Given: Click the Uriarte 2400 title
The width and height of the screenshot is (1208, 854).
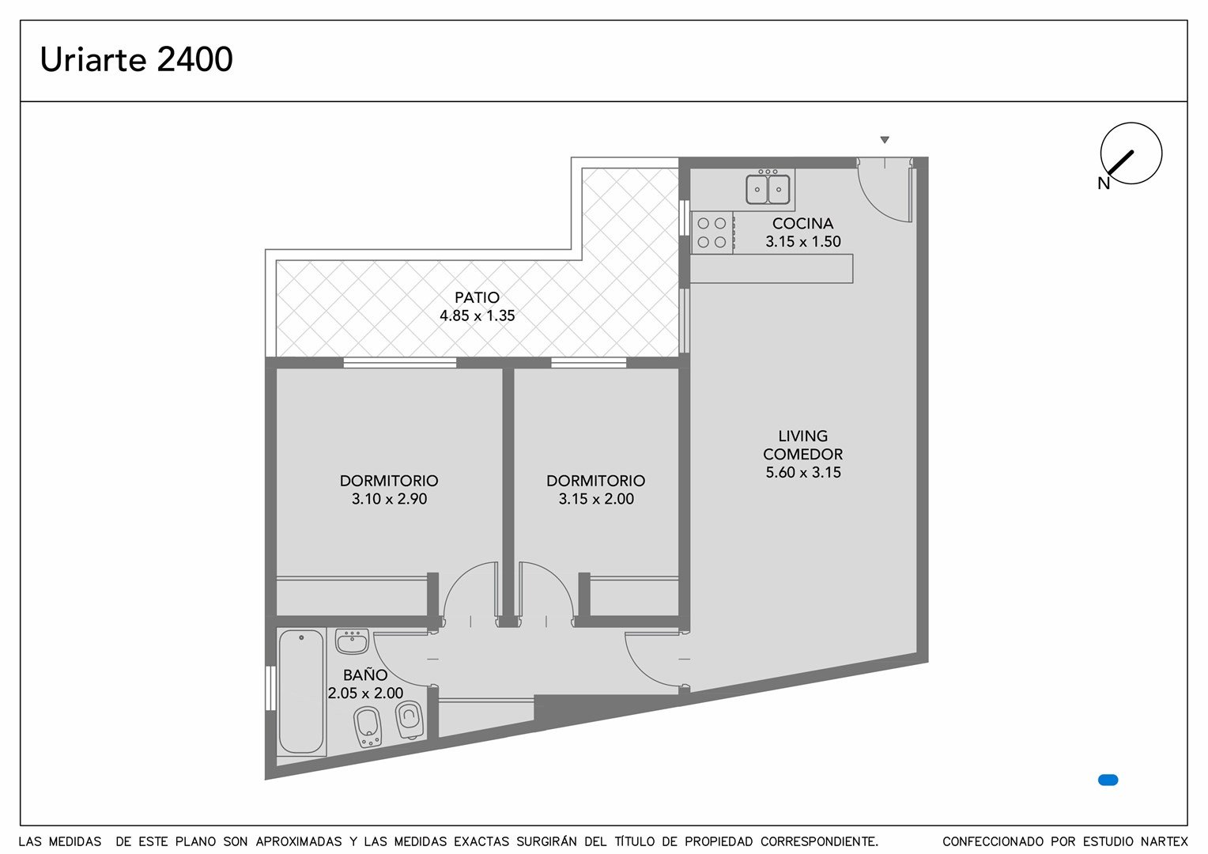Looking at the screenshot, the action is tap(137, 59).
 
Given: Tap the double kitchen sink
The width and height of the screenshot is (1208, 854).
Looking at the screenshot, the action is tap(768, 187).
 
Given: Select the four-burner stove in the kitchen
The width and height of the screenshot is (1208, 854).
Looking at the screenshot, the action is tap(712, 232).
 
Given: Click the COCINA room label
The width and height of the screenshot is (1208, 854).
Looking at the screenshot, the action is tap(802, 223).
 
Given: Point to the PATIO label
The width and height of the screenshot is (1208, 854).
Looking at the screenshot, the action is tap(477, 297).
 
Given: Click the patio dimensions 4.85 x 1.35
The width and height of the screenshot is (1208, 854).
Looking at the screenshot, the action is tap(478, 316).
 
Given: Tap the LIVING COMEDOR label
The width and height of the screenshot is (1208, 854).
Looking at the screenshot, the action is tap(802, 445).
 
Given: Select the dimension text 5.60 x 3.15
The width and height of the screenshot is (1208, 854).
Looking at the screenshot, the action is tap(803, 473).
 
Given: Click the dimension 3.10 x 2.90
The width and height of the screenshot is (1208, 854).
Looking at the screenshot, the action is tap(389, 499).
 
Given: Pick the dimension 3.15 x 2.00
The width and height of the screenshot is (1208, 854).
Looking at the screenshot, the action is tap(596, 499).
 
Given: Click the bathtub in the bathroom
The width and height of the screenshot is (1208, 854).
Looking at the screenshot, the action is tap(301, 691).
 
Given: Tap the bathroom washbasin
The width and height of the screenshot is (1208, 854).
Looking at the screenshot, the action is tap(352, 641).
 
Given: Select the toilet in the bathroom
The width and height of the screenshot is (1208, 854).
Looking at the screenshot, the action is tap(410, 720).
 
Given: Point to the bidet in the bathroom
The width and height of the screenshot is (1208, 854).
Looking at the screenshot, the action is tap(368, 727).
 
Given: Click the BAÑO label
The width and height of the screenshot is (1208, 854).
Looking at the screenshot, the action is tap(365, 675).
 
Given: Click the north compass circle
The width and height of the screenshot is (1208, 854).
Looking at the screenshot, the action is tap(1131, 153).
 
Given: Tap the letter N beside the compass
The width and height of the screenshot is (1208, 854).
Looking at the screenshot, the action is tap(1104, 184).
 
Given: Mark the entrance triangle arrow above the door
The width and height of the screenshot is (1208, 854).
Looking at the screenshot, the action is tap(885, 140).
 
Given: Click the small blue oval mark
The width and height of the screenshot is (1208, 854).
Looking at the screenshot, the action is tap(1108, 780).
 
